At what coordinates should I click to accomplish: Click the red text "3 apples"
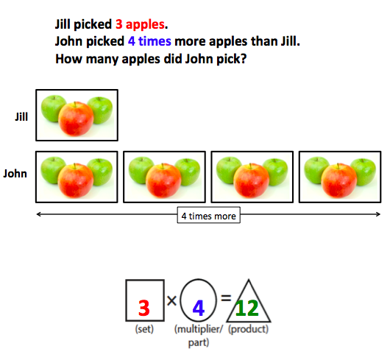140,24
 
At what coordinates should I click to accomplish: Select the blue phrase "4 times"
149,41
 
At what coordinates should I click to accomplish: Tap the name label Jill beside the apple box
21,116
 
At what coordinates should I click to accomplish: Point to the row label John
15,174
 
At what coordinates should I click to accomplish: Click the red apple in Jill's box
76,119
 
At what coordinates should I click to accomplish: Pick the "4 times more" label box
209,215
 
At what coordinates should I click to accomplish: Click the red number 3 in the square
144,308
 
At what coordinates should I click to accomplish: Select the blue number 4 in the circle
199,308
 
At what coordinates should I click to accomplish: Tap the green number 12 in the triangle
247,308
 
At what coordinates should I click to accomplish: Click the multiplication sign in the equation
172,301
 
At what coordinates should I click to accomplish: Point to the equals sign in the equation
226,298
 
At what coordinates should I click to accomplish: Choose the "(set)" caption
144,329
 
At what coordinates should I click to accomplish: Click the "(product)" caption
249,329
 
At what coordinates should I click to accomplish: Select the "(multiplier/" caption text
199,329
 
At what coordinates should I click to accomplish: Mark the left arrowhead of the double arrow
39,214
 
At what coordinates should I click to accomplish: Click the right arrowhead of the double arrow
378,214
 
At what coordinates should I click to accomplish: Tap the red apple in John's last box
338,180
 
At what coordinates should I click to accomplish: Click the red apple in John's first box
76,180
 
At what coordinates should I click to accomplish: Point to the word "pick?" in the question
232,60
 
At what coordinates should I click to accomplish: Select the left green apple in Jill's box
52,109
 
